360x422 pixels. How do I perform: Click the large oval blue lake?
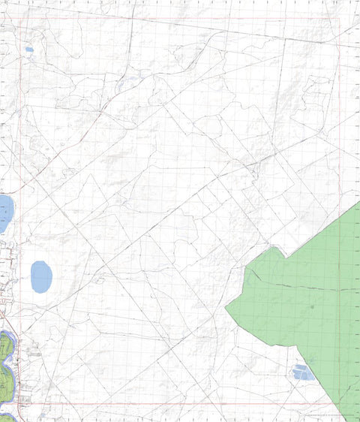41,276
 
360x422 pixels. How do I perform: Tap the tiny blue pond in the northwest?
29,50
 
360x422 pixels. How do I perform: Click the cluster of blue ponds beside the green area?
303,372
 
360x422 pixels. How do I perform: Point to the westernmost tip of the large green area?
226,309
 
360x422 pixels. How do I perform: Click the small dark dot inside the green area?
312,306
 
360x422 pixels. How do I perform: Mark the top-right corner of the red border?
340,19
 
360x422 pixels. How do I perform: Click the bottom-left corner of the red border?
18,403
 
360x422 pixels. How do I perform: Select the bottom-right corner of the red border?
340,403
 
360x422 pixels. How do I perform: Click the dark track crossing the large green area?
300,285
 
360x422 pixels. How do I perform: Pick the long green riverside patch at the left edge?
5,357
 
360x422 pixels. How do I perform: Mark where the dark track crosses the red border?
340,289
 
